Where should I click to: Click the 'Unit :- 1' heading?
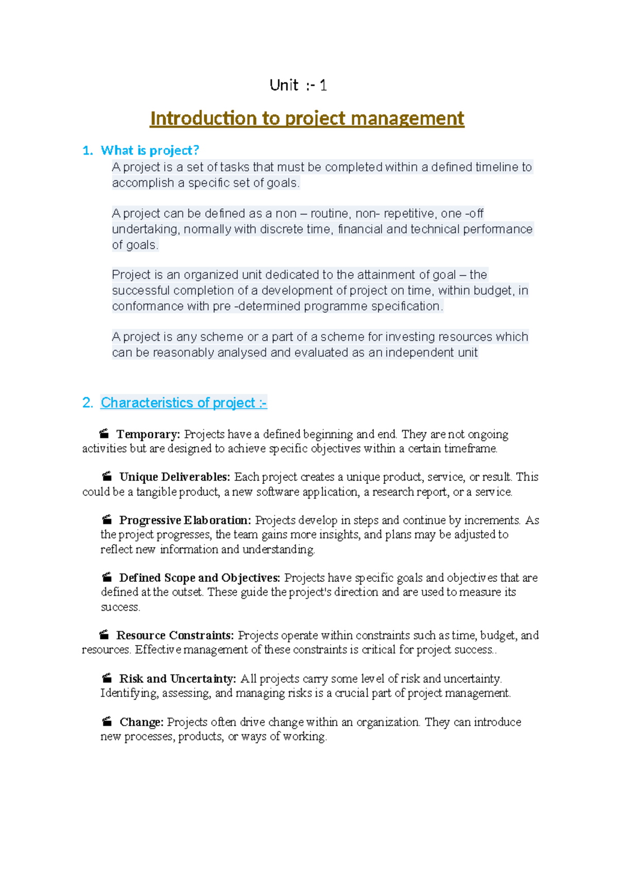point(298,85)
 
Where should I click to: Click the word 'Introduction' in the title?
point(204,119)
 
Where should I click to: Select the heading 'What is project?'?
point(149,150)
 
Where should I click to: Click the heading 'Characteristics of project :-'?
point(183,402)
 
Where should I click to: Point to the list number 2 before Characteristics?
point(87,402)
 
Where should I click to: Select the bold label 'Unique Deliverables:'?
point(175,477)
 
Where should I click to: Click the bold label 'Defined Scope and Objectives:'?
point(199,578)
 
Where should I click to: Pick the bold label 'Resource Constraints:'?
point(175,635)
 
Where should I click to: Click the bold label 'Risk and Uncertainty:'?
point(178,679)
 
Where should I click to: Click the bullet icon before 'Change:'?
point(107,721)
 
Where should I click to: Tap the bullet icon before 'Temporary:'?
point(104,434)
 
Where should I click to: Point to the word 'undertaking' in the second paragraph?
point(146,229)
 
